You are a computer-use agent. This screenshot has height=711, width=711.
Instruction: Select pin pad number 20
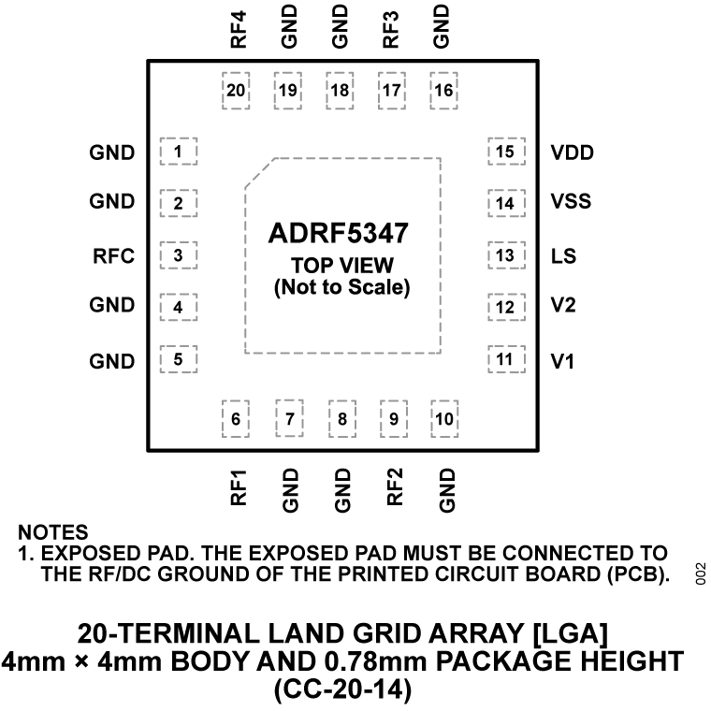click(x=237, y=91)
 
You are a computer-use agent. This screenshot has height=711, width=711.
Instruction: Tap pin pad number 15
click(x=505, y=152)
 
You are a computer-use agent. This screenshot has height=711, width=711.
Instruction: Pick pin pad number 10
click(x=444, y=418)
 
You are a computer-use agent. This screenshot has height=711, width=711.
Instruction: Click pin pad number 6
click(x=236, y=418)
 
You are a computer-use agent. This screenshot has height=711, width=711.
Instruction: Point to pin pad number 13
click(x=505, y=255)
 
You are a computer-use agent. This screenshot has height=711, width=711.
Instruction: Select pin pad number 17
click(x=392, y=91)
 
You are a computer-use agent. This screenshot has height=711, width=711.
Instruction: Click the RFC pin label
click(x=114, y=254)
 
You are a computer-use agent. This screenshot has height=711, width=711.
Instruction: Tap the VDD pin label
click(x=572, y=152)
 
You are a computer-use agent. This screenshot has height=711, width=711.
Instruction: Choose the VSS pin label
click(x=572, y=203)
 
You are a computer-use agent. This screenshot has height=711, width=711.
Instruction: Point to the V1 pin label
click(x=562, y=361)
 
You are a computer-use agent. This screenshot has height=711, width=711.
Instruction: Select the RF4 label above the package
click(x=238, y=27)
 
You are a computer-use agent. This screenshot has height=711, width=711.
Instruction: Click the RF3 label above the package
click(x=392, y=27)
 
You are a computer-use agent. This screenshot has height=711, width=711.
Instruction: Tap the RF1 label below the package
click(x=238, y=487)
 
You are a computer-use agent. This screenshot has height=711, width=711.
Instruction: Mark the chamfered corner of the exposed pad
click(x=259, y=172)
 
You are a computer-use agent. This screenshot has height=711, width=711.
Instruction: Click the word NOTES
click(x=53, y=532)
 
